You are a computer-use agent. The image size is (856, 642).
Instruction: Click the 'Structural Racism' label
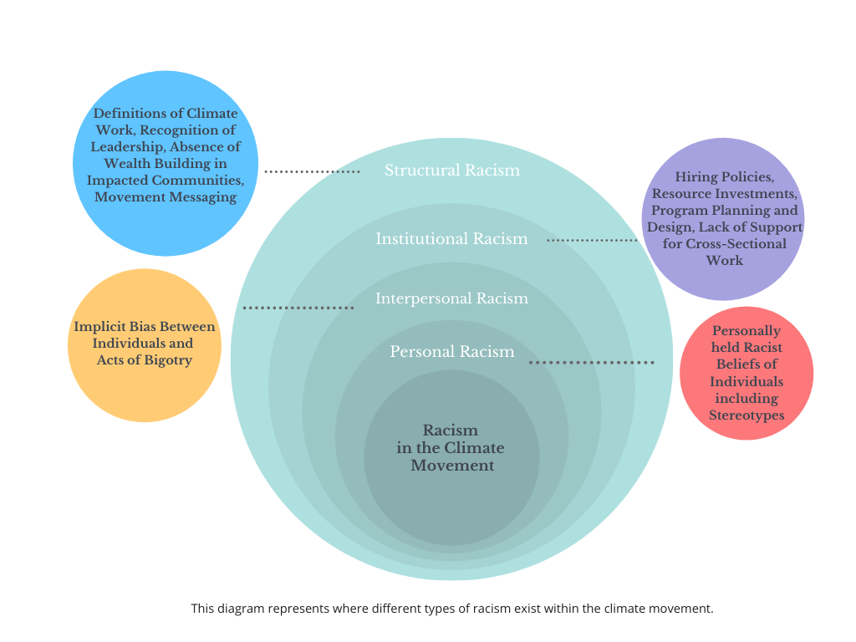coord(451,171)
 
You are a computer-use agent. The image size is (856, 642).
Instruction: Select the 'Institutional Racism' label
coord(451,239)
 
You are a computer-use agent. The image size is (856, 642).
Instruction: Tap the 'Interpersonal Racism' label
coord(451,298)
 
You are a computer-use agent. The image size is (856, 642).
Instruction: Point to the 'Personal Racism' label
coord(451,352)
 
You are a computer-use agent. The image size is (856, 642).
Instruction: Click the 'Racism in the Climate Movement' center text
coord(451,448)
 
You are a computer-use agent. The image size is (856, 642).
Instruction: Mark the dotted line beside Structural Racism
coord(312,171)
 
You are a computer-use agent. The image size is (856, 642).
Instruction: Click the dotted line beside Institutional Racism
coord(592,240)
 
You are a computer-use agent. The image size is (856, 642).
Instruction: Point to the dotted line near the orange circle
coord(298,308)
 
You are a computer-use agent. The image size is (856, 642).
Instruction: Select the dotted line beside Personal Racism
coord(592,363)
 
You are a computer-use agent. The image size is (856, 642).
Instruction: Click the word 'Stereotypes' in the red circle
coord(746,415)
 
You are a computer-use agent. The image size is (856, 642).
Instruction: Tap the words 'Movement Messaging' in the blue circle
coord(166,197)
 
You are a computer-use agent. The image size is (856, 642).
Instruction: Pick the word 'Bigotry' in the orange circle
coord(168,360)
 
